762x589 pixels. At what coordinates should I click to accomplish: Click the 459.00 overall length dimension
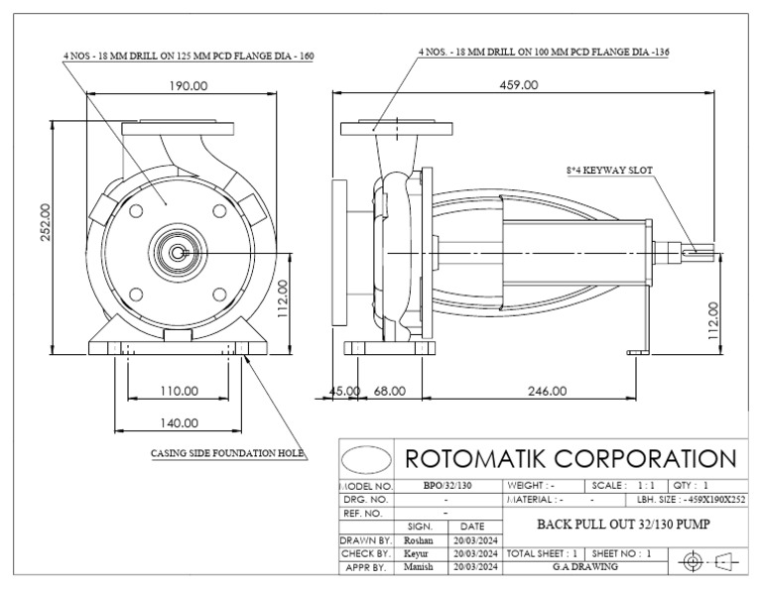coord(517,85)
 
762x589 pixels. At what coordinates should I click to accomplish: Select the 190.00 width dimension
coord(187,86)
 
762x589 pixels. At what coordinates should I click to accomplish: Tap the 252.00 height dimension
coord(45,227)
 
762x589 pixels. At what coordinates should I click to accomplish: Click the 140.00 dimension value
coord(179,423)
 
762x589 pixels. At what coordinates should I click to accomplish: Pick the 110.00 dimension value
coord(179,391)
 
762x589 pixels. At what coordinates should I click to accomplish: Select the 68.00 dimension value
coord(390,391)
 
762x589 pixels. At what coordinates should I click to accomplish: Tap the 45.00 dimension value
coord(344,391)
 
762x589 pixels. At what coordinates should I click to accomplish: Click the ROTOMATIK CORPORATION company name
coord(571,459)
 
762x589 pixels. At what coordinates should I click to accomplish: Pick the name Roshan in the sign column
coord(420,540)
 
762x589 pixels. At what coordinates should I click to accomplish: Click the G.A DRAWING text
coord(585,567)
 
